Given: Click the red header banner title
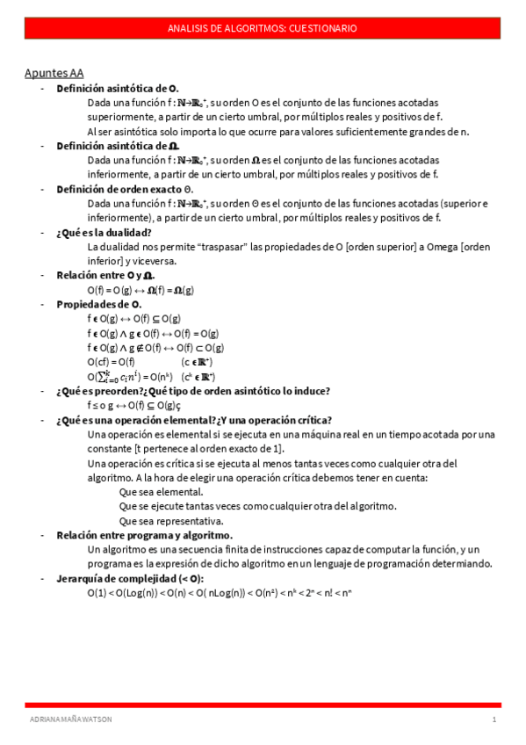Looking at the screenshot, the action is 262,29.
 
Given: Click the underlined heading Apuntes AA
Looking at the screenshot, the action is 54,73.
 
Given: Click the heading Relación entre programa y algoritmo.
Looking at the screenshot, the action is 144,535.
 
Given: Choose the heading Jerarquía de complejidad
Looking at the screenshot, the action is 130,578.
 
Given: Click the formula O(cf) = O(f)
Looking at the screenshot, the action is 111,362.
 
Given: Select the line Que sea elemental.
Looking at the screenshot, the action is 161,492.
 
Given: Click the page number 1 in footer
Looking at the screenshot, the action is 494,720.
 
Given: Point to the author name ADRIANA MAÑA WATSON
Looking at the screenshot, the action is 71,720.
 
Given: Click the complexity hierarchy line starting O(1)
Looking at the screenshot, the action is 219,593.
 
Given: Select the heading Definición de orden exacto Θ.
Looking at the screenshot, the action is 125,189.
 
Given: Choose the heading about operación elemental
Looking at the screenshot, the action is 193,420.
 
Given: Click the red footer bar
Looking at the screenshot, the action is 262,705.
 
